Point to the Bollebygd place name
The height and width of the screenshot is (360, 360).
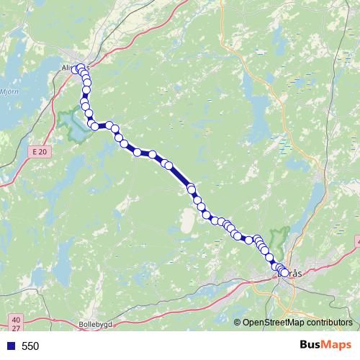96,324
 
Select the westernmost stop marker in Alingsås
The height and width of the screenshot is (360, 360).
74,70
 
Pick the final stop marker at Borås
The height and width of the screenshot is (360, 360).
284,273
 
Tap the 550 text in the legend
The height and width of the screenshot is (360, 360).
30,346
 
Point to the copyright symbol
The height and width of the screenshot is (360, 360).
238,323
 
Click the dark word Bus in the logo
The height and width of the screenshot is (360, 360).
311,346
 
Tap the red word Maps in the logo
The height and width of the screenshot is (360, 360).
337,346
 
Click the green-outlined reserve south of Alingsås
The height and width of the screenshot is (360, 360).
72,122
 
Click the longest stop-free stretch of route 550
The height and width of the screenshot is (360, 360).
180,176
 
